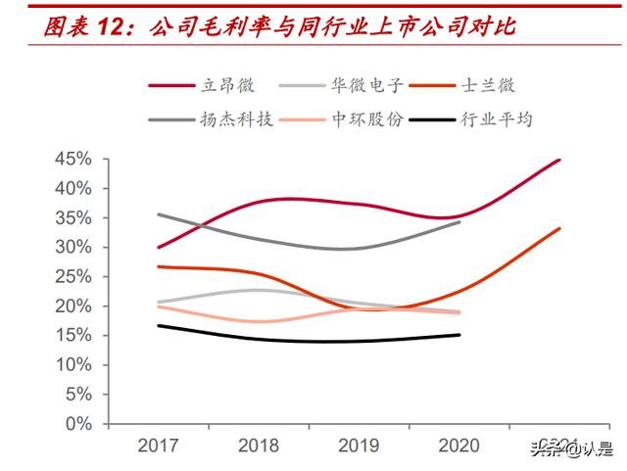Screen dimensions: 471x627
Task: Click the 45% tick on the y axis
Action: pos(73,159)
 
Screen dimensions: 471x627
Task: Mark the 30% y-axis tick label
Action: pos(73,247)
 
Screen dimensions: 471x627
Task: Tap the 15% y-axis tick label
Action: pos(73,336)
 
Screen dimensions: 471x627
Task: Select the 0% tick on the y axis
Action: pos(78,424)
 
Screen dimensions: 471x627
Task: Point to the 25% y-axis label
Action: pos(73,277)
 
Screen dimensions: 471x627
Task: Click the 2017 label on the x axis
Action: pos(158,447)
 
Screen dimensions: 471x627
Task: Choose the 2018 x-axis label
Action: pos(259,447)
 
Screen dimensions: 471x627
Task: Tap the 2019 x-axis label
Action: pos(360,447)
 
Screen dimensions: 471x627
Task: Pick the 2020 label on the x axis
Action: pos(459,447)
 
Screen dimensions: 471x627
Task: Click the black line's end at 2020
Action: pos(459,335)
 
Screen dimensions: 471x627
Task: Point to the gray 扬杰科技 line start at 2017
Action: pos(158,214)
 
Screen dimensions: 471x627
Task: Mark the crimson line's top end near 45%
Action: pos(559,160)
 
